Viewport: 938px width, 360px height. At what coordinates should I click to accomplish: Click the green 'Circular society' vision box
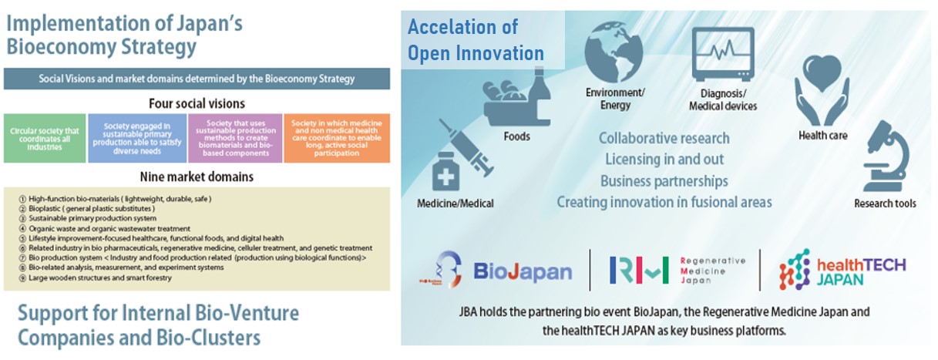coord(45,138)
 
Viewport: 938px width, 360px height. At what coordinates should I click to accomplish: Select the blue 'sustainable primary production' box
coord(137,138)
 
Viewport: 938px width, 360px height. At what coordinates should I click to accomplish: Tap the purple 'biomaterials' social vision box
coord(235,138)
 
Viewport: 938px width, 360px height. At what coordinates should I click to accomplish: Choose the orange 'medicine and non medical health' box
coord(337,138)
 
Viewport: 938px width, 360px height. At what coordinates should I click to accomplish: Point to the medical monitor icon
coord(723,55)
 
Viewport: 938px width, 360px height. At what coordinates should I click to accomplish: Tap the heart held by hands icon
coord(822,91)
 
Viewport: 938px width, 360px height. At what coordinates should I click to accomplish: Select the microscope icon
coord(886,156)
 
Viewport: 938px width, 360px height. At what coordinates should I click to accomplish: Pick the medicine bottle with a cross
coord(445,172)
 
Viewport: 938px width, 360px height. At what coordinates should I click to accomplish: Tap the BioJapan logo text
coord(523,271)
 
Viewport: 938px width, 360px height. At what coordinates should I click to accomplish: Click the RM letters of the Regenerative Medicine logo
coord(639,270)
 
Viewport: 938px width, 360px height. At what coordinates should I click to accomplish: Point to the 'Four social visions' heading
coord(197,103)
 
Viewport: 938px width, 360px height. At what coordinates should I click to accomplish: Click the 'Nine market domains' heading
coord(197,177)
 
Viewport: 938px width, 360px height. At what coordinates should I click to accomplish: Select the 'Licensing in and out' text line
coord(664,159)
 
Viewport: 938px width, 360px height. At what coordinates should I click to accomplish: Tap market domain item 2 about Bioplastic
coord(87,208)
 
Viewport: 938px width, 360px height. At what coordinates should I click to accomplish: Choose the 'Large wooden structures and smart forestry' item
coord(96,278)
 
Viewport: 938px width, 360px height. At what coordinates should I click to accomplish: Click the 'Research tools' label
coord(886,204)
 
